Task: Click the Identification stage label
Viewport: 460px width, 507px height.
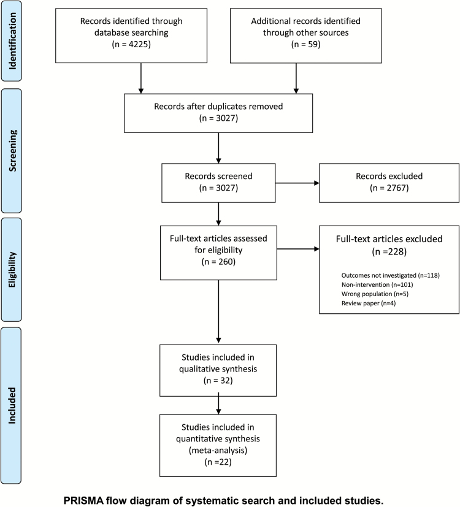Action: (12, 41)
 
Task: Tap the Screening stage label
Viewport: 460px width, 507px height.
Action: (12, 151)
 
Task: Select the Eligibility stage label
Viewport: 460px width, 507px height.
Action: (12, 269)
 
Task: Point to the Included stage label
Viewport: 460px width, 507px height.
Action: (12, 405)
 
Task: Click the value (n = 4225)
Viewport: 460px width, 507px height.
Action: (131, 44)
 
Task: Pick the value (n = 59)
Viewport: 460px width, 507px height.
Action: (305, 44)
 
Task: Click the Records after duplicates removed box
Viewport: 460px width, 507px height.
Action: (218, 113)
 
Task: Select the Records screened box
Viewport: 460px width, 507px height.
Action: (218, 183)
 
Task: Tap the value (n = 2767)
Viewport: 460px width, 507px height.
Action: (389, 188)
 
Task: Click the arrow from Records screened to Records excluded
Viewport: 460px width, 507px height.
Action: (297, 183)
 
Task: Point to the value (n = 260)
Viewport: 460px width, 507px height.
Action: (218, 262)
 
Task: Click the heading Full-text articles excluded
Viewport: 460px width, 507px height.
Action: (389, 239)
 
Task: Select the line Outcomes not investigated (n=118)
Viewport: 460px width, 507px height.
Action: (391, 275)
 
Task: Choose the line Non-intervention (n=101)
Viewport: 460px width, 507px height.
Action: (377, 285)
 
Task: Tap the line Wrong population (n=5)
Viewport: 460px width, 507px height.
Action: (375, 294)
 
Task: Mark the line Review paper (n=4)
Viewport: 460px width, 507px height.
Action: (369, 303)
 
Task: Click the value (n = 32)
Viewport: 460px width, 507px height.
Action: (218, 381)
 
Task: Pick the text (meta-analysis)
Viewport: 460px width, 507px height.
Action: (218, 451)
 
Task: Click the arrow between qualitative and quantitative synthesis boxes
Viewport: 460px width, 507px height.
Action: (218, 403)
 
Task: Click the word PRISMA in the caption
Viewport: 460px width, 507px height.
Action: (83, 500)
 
